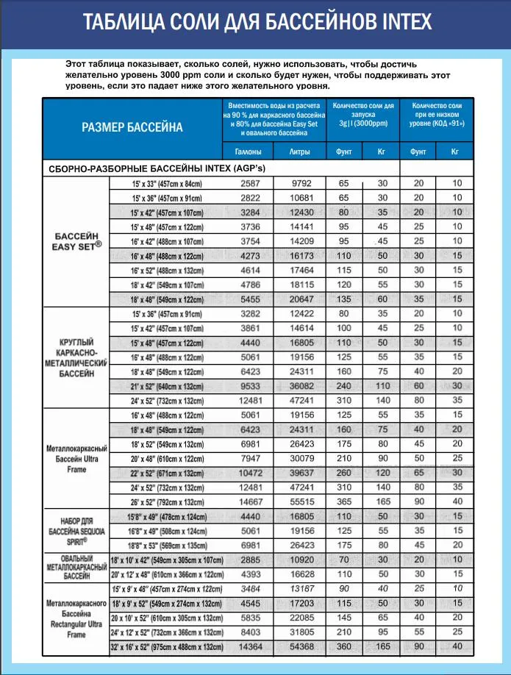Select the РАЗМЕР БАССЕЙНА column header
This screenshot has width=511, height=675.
click(x=132, y=127)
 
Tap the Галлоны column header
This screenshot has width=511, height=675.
click(x=249, y=151)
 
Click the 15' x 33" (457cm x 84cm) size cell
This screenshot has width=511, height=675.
click(x=168, y=182)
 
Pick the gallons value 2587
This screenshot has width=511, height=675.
click(x=249, y=182)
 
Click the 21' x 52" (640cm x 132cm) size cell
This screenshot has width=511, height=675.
click(x=168, y=385)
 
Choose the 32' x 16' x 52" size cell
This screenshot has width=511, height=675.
click(x=166, y=646)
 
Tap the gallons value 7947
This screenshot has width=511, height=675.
click(x=249, y=457)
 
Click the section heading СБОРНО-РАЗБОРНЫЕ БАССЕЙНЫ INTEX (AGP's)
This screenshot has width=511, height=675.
click(x=157, y=168)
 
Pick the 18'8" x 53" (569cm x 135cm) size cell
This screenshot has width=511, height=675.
click(x=168, y=545)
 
